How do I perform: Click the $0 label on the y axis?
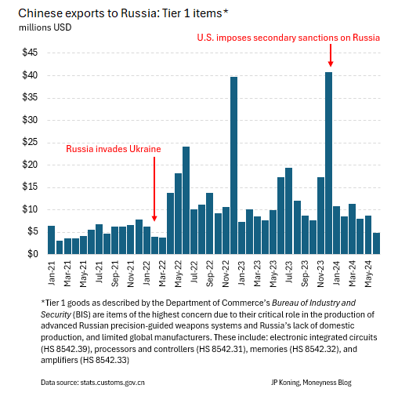[32, 254]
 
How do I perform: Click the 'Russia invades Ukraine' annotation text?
[113, 149]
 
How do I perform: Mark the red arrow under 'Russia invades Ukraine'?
[154, 188]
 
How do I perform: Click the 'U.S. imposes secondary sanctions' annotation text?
[288, 38]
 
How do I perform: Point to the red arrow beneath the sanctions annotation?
[330, 56]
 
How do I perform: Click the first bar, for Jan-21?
[52, 240]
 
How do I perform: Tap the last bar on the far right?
[377, 243]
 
